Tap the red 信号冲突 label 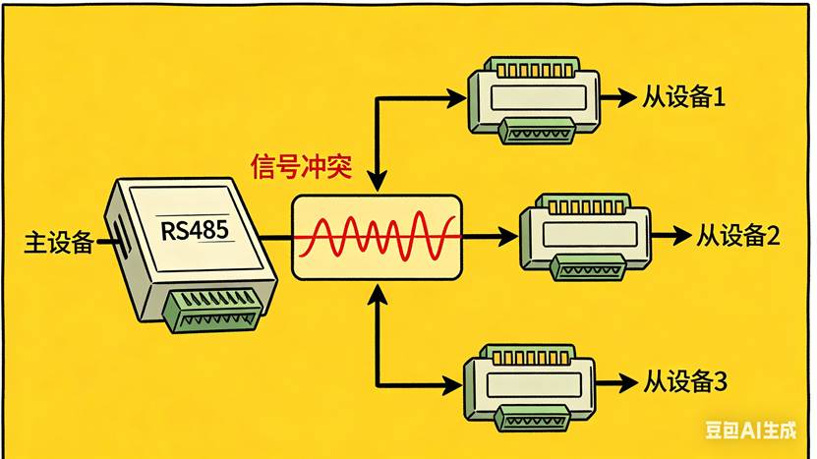pyautogui.click(x=297, y=165)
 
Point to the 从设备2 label pyautogui.click(x=738, y=236)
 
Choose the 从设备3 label pyautogui.click(x=685, y=380)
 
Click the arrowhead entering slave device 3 pyautogui.click(x=455, y=381)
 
